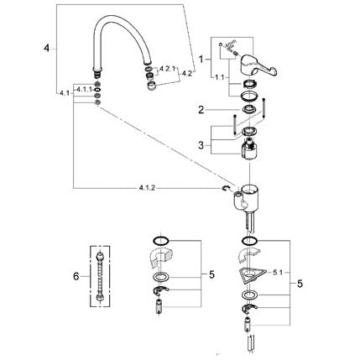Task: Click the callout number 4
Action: [46, 49]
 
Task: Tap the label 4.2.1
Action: [167, 68]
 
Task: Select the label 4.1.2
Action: [147, 188]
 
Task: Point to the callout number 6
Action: [76, 277]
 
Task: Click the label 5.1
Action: [278, 272]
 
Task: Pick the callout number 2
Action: [201, 110]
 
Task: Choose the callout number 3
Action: [201, 145]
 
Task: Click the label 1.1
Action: [219, 77]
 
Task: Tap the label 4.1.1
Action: [84, 89]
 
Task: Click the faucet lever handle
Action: [258, 65]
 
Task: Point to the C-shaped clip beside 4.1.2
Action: [226, 189]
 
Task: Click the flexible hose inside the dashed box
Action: [100, 276]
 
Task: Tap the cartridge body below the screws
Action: [249, 150]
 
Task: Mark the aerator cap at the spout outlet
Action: [152, 86]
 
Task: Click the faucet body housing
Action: [246, 201]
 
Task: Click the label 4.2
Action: [187, 74]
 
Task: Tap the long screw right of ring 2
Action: [263, 108]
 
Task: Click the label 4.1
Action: [65, 93]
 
